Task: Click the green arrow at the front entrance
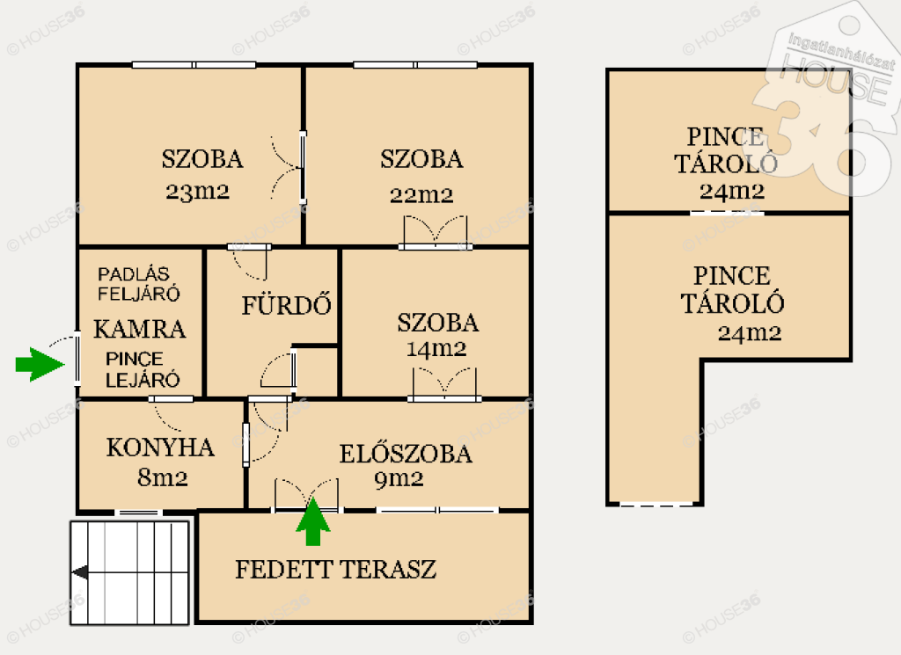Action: tap(313, 521)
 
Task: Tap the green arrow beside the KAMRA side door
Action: tap(40, 364)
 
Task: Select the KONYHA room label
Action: tap(160, 448)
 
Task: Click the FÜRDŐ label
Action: tap(286, 304)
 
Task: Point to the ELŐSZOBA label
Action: tap(406, 454)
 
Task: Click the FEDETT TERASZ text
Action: tap(335, 570)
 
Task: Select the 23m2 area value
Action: tap(197, 191)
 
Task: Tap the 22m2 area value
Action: tap(421, 195)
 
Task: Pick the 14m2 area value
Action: tap(436, 348)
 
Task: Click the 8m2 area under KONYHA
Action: tap(163, 477)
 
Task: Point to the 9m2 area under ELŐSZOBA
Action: tap(399, 479)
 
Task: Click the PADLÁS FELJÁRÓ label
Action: tap(138, 284)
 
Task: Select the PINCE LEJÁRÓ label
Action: tap(143, 369)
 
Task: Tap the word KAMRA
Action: tap(140, 330)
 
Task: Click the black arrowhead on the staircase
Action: tap(80, 572)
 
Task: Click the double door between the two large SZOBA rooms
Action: tap(289, 168)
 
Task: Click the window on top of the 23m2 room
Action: tap(194, 65)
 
